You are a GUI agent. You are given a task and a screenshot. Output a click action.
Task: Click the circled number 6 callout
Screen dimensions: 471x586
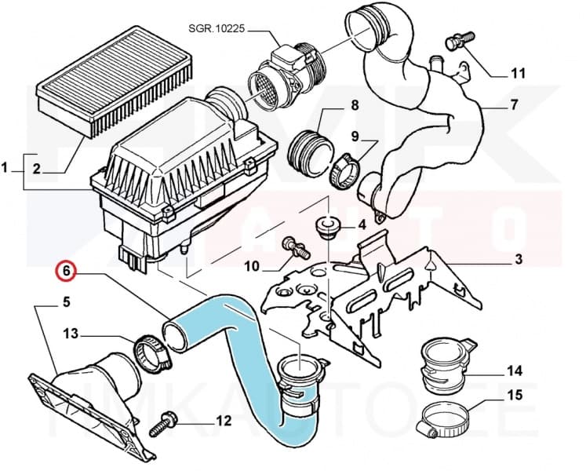[x=67, y=272]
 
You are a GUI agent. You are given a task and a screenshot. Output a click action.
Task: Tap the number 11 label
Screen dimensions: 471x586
[x=517, y=74]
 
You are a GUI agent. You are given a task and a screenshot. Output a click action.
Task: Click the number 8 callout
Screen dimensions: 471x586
[x=332, y=105]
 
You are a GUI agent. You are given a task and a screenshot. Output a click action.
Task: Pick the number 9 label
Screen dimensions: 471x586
[x=355, y=137]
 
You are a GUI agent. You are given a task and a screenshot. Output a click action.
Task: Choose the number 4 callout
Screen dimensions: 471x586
[x=362, y=225]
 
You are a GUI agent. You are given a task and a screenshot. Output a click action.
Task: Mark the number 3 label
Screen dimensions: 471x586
[x=519, y=260]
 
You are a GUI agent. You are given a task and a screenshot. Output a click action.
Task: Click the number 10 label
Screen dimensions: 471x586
[x=251, y=267]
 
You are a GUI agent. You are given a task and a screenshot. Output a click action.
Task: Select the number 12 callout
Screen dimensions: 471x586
[x=223, y=421]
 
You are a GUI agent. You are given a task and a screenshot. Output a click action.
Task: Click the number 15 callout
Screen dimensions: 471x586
[x=514, y=395]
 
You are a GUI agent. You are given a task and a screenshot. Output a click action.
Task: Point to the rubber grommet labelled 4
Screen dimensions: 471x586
[x=324, y=228]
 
